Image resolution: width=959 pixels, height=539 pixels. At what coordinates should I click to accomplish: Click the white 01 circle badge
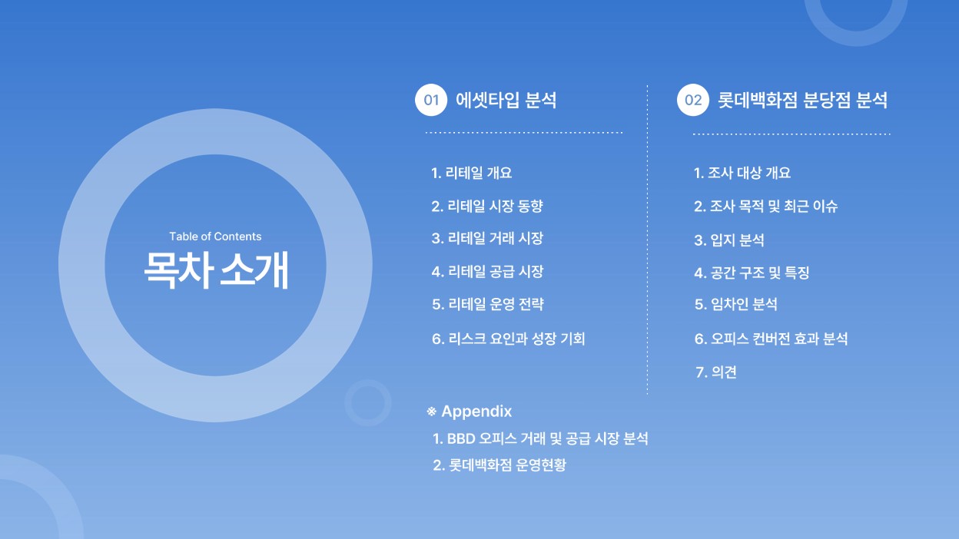431,100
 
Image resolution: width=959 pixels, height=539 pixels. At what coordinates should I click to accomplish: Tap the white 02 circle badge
693,100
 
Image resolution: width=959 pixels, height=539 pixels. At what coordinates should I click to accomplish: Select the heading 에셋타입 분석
506,100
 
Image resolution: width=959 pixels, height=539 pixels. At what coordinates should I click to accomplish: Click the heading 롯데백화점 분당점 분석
802,100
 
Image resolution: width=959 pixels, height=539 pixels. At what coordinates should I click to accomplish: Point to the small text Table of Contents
215,236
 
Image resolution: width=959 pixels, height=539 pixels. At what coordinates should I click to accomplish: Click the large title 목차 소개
216,270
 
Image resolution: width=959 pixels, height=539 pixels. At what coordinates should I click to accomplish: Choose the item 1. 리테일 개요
471,173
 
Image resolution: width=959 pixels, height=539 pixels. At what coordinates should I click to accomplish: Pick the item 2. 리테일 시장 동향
487,207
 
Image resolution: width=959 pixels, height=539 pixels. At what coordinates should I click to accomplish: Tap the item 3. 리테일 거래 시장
487,238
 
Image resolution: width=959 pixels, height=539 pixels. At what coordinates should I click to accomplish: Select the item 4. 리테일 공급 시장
487,271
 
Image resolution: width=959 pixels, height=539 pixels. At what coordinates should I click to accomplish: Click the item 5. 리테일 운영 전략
488,304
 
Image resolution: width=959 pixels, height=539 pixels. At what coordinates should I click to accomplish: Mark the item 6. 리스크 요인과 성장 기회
508,339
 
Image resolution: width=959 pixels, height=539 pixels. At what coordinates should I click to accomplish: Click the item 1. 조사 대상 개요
742,173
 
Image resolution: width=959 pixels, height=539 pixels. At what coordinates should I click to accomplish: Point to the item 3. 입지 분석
729,240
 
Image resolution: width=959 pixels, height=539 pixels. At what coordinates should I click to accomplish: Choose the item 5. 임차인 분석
736,304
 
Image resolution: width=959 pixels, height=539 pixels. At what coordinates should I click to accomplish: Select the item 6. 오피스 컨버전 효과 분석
771,339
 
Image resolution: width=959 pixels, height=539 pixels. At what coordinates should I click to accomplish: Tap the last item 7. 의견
716,372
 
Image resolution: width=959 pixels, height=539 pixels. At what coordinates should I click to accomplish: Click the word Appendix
476,411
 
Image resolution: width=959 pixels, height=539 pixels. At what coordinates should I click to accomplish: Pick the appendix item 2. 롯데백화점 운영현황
499,465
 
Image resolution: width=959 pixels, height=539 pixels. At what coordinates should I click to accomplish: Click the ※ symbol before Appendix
432,412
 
